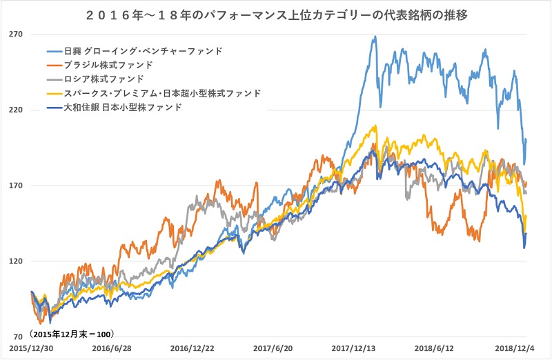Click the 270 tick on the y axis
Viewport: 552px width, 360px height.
coord(17,34)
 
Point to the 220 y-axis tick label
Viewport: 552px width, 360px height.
coord(17,110)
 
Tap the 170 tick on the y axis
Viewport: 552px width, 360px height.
coord(17,186)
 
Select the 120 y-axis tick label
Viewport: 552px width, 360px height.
coord(17,261)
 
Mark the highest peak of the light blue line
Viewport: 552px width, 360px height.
coord(375,37)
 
